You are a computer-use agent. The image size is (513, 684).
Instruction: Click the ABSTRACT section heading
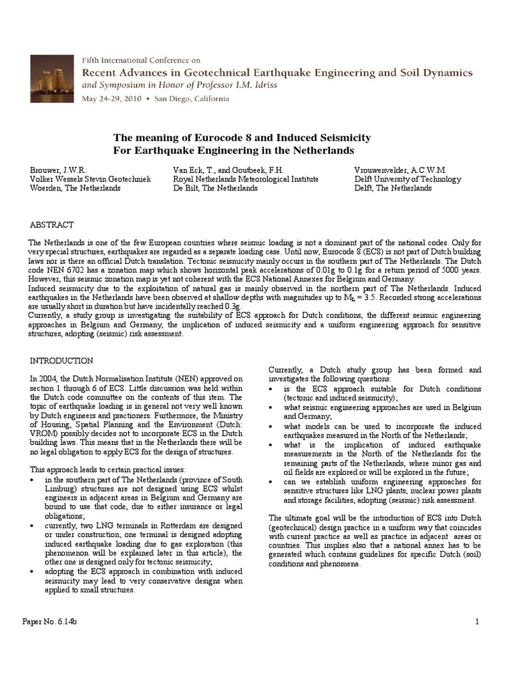click(x=51, y=225)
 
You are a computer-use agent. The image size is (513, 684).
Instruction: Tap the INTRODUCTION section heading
click(x=61, y=361)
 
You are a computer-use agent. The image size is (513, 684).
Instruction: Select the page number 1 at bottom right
click(x=478, y=623)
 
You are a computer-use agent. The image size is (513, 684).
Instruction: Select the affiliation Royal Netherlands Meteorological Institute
click(x=245, y=179)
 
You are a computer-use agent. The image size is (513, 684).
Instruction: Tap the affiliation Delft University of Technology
click(x=407, y=179)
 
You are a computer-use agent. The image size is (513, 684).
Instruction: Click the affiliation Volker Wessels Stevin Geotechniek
click(x=90, y=179)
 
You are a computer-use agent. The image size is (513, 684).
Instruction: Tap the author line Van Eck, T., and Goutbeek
click(x=215, y=170)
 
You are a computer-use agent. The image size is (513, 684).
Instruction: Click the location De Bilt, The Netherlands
click(x=215, y=188)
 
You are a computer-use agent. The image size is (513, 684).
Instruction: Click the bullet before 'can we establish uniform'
click(x=271, y=482)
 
